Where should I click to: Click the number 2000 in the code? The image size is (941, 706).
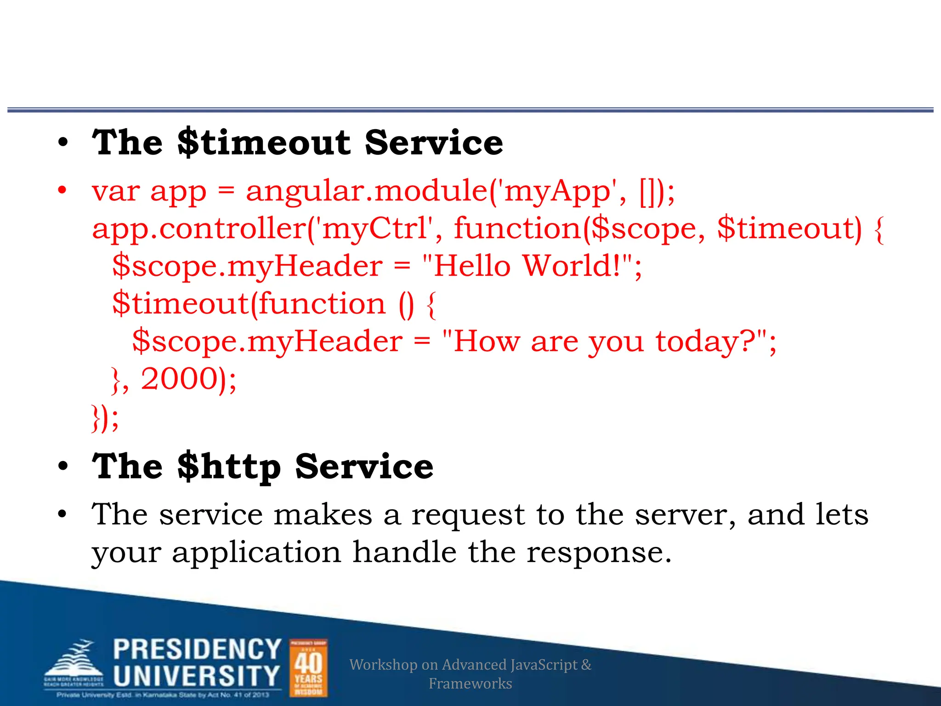pyautogui.click(x=179, y=379)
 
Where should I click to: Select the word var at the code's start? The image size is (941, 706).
pyautogui.click(x=115, y=191)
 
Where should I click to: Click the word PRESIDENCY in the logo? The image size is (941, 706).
pyautogui.click(x=197, y=650)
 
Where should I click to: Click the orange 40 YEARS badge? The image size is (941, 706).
pyautogui.click(x=308, y=668)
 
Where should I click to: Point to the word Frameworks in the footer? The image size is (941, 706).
pyautogui.click(x=470, y=683)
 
